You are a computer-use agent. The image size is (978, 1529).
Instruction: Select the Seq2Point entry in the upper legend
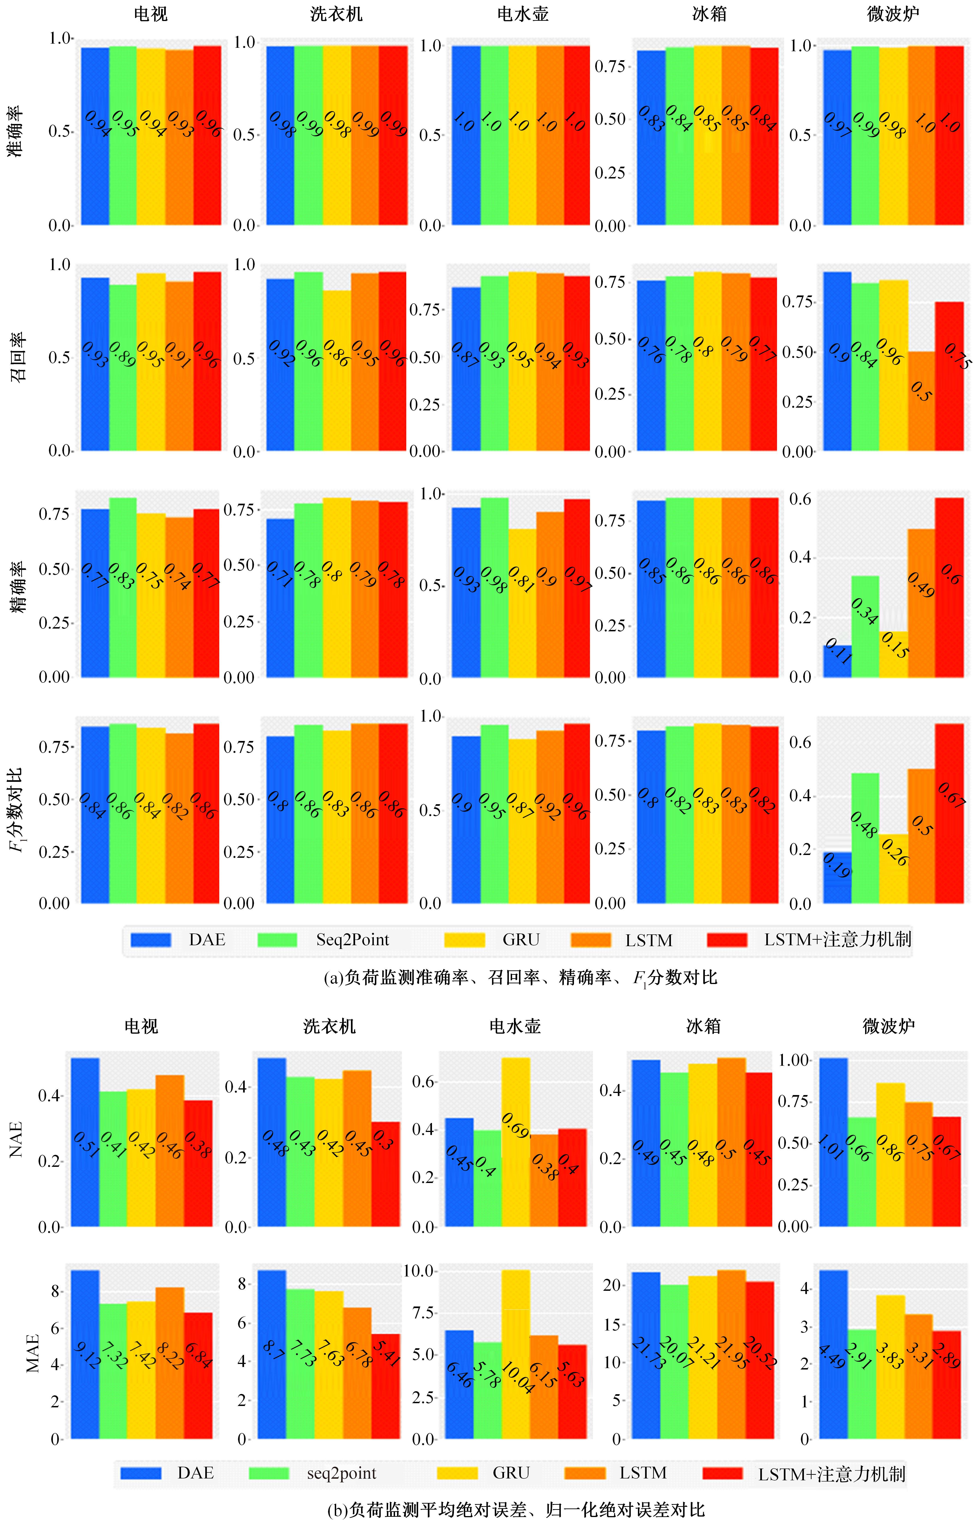(353, 940)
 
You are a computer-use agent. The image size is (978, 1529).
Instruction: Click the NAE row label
(16, 1140)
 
